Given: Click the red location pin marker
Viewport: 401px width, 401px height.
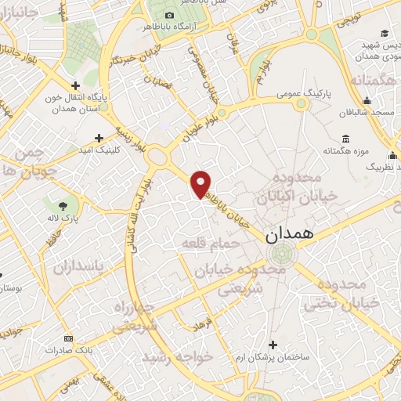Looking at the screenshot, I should tap(201, 184).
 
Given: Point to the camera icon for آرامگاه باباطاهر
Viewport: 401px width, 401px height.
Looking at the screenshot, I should tap(169, 16).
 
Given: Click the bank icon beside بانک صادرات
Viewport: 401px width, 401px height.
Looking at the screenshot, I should tap(68, 338).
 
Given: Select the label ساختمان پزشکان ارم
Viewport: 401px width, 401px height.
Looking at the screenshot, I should tap(300, 357).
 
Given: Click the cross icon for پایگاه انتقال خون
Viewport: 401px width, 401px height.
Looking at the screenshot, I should tap(76, 86).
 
